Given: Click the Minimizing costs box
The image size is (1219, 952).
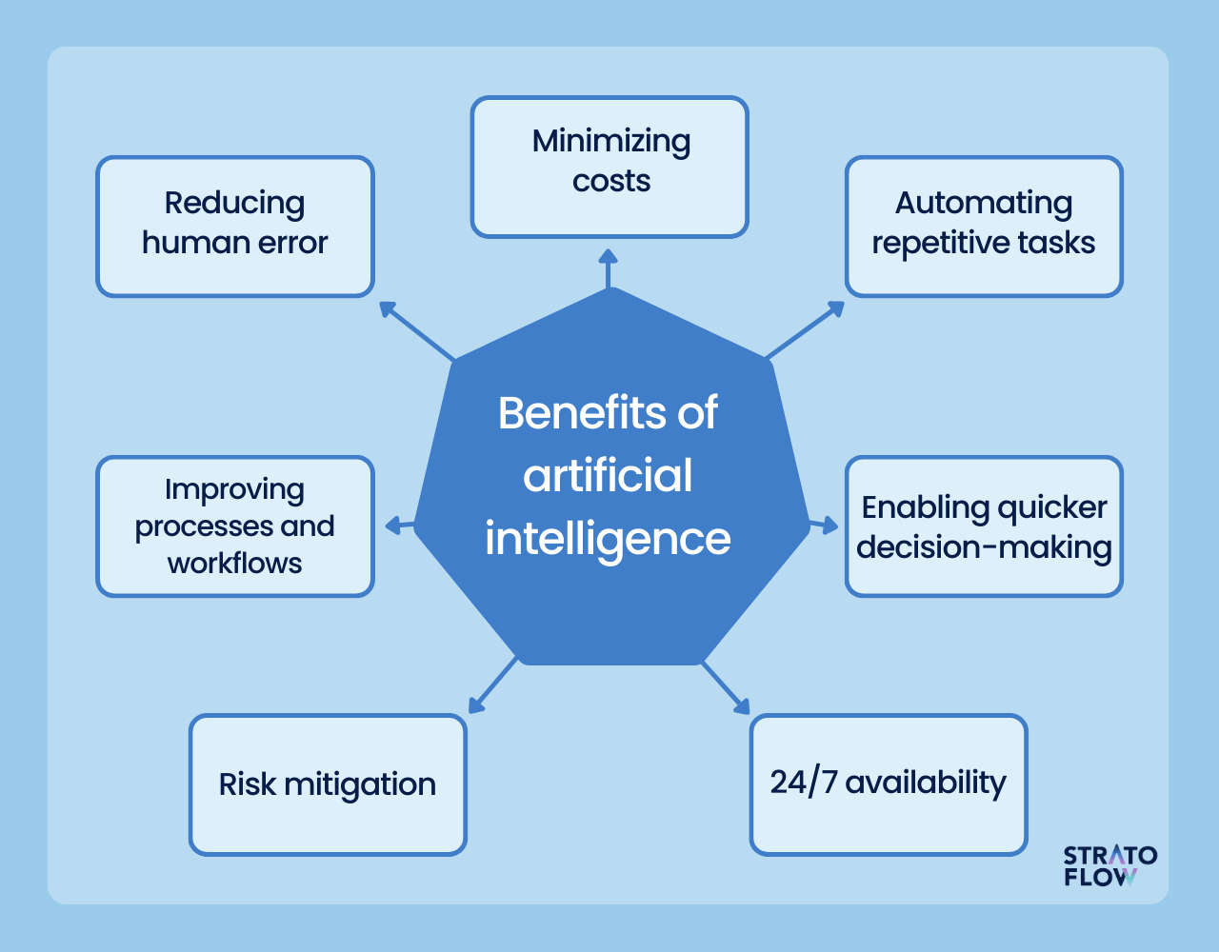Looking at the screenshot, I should [609, 167].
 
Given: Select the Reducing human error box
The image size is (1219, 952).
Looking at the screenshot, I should [234, 227].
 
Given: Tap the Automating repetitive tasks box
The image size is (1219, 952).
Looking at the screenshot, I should [984, 227].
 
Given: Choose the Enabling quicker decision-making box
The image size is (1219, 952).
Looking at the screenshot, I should [984, 526].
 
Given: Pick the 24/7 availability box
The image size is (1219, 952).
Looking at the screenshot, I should [889, 784].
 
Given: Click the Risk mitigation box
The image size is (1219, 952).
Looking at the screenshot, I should [328, 784].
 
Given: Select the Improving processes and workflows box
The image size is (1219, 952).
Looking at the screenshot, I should [234, 526].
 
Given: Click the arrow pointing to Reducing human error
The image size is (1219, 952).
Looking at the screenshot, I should [415, 330].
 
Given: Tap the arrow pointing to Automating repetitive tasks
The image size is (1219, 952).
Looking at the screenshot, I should [806, 329].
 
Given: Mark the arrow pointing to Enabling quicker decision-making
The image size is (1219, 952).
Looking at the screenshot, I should [823, 524].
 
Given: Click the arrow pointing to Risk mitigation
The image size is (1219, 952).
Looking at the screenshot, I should [492, 685].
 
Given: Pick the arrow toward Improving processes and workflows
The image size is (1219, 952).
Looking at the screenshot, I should [399, 526].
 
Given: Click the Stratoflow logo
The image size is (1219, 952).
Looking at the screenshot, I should [1109, 865].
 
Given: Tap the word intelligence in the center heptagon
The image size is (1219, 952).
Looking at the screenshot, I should [608, 539].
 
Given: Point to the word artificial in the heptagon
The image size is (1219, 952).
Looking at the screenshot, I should [608, 476].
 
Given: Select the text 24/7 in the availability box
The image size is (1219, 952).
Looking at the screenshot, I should [803, 782].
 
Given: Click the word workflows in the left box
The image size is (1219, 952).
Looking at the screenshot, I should [234, 564].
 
